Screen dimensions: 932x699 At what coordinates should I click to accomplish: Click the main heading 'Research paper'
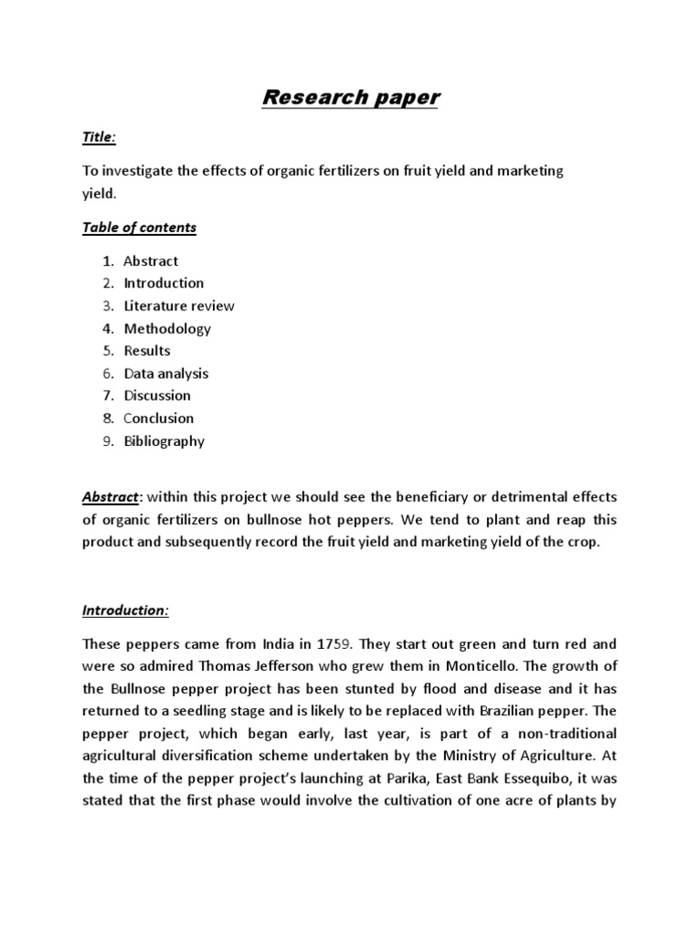point(349,97)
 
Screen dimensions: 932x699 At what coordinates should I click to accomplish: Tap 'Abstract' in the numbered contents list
point(151,260)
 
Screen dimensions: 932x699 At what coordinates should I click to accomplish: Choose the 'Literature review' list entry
point(179,306)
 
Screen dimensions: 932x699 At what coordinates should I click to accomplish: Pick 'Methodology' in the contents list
point(167,329)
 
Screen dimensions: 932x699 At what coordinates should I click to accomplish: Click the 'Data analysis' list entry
point(167,373)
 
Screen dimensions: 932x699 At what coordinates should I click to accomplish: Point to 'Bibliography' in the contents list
point(165,441)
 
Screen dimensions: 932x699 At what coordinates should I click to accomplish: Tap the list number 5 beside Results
point(107,350)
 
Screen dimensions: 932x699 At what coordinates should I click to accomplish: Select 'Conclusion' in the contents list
point(159,419)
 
